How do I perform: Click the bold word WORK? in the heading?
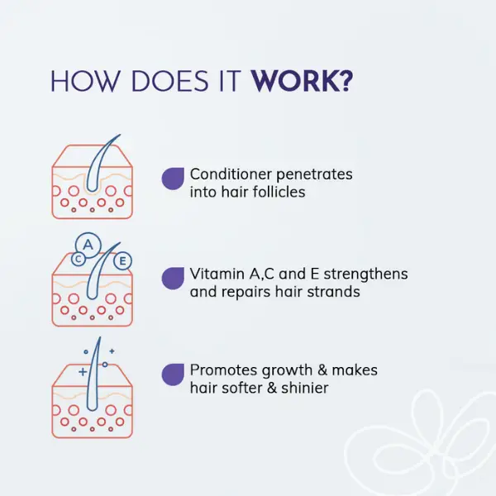coord(302,82)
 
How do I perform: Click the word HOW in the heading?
coord(85,82)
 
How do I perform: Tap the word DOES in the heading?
coord(169,82)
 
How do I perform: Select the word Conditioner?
coord(231,174)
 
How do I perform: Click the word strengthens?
coord(365,274)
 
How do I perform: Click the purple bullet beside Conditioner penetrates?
coord(173,179)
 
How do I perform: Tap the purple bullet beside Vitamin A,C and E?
coord(173,278)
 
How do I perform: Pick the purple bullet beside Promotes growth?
coord(173,374)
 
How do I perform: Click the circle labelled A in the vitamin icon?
coord(88,246)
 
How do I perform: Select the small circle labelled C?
coord(79,260)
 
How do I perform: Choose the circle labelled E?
coord(122,261)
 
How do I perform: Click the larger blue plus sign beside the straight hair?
coord(83,372)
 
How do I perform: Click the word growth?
coord(287,370)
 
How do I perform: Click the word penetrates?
coord(314,175)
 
